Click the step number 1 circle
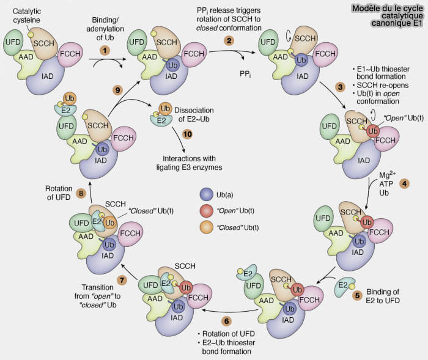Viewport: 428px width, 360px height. pyautogui.click(x=105, y=48)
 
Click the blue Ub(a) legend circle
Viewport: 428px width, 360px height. pyautogui.click(x=206, y=194)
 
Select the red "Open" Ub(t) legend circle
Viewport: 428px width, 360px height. pyautogui.click(x=206, y=211)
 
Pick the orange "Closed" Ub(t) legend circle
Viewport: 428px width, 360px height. pyautogui.click(x=206, y=227)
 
